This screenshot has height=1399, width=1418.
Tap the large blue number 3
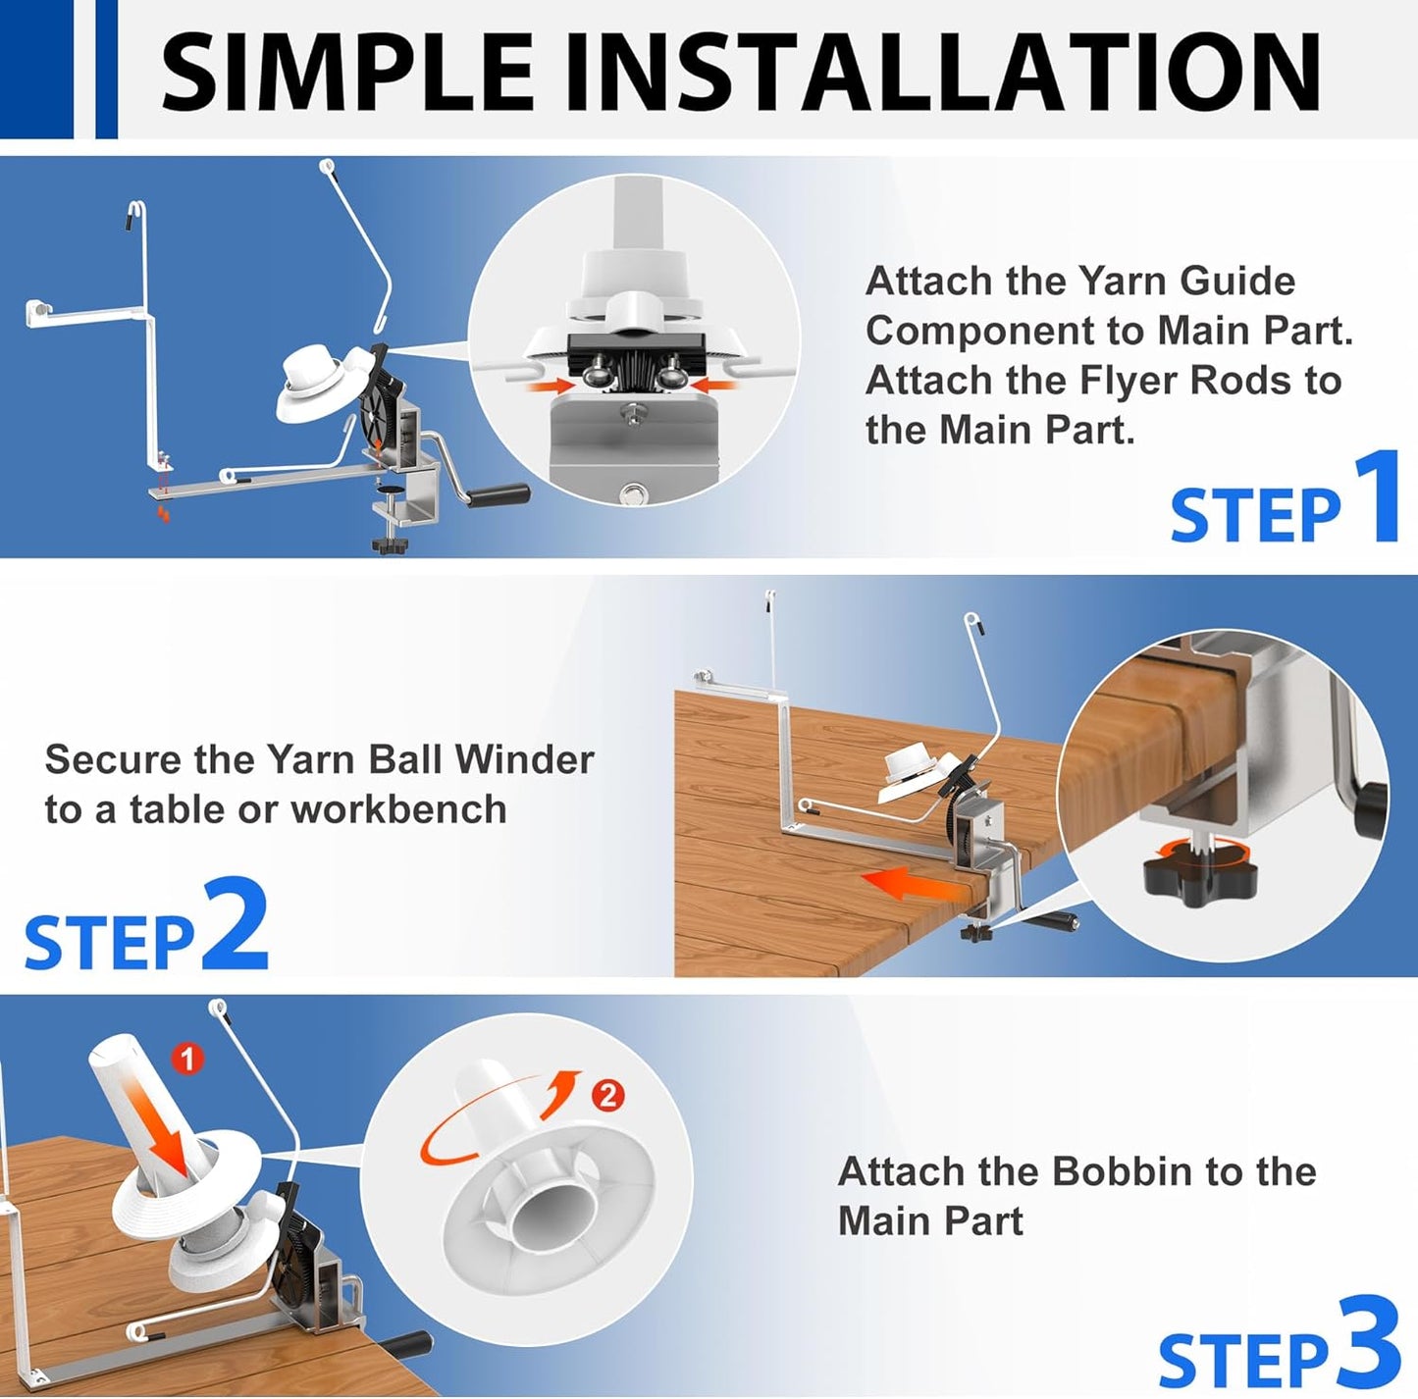coord(1367,1342)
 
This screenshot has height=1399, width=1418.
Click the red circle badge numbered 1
coord(187,1060)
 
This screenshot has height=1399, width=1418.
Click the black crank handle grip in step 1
coord(499,494)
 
